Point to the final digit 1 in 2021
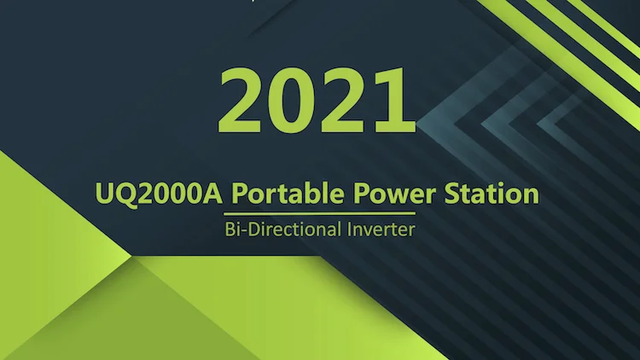click(x=391, y=100)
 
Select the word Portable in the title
click(x=287, y=194)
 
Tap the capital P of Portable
click(x=240, y=194)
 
